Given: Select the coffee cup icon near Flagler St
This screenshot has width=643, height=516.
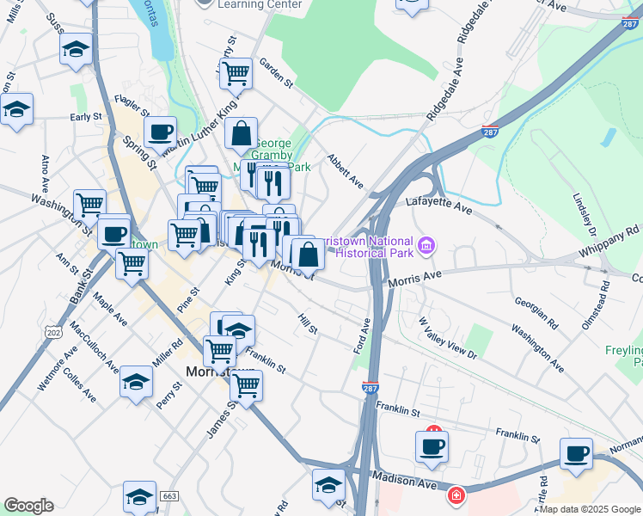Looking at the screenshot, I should coord(160,132).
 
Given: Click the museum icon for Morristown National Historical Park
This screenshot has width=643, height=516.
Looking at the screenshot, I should coord(426,248).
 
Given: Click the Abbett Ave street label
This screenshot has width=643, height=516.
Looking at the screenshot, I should coord(345,172).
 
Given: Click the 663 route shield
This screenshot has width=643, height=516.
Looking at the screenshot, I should coord(169,496).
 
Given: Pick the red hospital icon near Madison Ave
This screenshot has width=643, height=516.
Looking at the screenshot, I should coord(455,495).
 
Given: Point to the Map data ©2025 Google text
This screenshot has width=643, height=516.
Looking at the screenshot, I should coord(589,509).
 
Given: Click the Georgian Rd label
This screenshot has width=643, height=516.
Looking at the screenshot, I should coord(536,313).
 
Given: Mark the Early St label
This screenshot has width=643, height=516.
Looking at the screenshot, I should coord(85,117).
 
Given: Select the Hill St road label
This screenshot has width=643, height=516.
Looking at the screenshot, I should coord(307,324).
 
